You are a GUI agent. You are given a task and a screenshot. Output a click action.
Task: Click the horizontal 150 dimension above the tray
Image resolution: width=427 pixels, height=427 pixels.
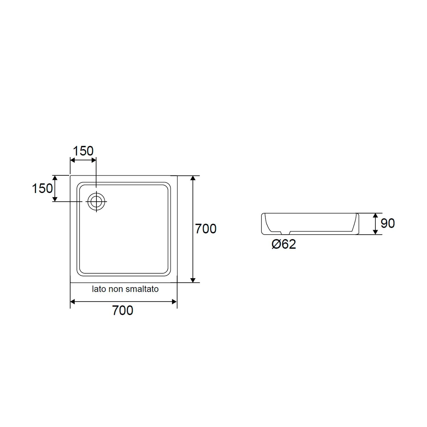click(x=83, y=151)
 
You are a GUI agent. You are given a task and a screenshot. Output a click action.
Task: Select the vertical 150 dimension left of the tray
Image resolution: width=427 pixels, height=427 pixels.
click(x=42, y=188)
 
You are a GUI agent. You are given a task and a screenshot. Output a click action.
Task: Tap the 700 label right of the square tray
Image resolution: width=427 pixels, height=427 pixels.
click(x=206, y=229)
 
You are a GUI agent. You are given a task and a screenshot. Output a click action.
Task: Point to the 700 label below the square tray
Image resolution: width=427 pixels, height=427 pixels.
click(x=123, y=310)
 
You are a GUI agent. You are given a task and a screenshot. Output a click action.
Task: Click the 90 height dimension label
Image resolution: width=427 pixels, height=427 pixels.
click(x=387, y=223)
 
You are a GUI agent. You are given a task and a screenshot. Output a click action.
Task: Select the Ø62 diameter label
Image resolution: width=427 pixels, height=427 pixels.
click(x=284, y=244)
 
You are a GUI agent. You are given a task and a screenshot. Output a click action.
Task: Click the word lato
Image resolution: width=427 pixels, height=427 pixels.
click(x=99, y=289)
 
